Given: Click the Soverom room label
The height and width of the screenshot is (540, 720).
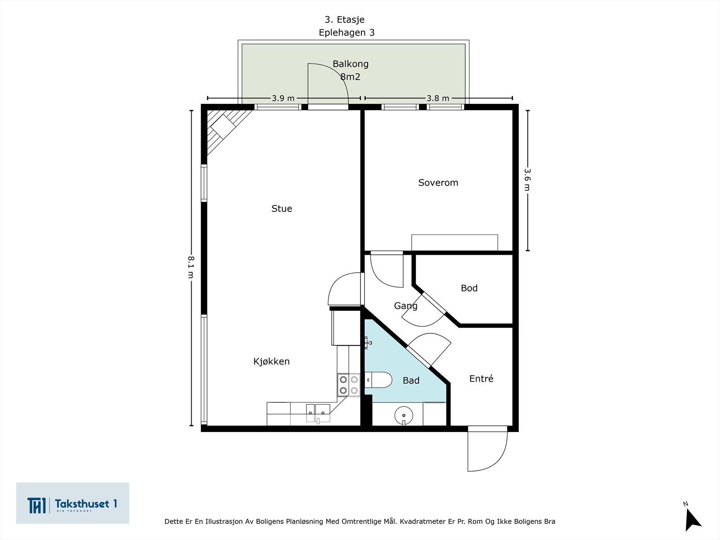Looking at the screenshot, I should (438, 183).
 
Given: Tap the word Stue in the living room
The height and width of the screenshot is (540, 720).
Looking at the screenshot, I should (282, 208).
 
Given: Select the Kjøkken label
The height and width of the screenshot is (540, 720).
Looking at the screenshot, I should (271, 361).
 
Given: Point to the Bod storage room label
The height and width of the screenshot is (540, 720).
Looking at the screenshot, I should (469, 288).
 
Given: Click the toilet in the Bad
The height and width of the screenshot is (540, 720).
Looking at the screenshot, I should (377, 380).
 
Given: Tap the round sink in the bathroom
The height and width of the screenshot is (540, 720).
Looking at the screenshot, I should (404, 414).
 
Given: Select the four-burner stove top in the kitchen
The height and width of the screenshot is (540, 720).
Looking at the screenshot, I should (348, 385).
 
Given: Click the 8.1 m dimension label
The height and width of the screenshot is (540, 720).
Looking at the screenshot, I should (191, 267).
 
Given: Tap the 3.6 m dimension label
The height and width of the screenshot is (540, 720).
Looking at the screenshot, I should (527, 180).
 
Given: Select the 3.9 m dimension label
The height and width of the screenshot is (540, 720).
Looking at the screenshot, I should (283, 98).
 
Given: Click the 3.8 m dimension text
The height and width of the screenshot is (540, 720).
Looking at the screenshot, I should (438, 98).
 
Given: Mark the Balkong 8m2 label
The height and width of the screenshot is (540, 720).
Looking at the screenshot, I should (350, 70).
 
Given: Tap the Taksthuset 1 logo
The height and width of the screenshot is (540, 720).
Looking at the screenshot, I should (72, 503).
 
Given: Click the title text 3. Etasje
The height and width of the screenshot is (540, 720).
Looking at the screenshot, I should (344, 19).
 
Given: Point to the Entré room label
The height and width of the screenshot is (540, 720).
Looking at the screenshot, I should (481, 379).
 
